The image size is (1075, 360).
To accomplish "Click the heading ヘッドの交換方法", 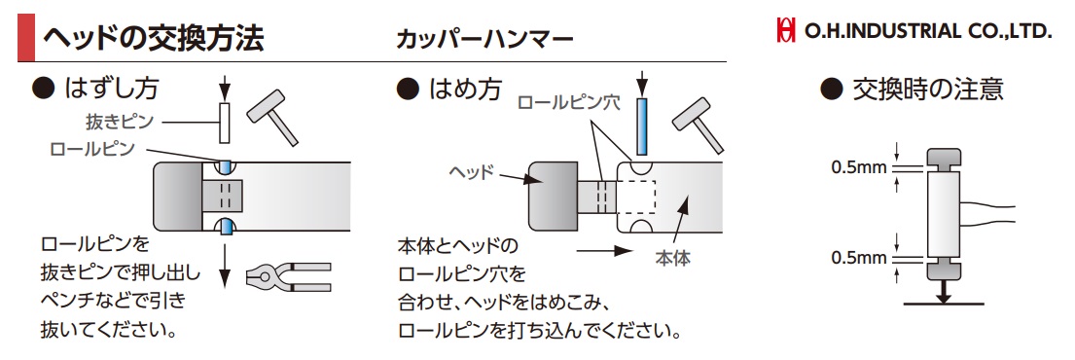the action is click(x=153, y=38).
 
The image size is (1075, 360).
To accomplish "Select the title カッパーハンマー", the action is click(x=484, y=38).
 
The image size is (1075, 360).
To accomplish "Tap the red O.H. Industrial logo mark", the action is click(x=786, y=31).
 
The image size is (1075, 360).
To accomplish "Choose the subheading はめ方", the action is click(x=449, y=88).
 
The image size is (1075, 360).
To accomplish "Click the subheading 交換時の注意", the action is click(x=913, y=89).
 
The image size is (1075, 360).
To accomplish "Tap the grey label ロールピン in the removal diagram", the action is click(x=93, y=148).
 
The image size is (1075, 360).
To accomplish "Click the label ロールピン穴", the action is click(x=569, y=103).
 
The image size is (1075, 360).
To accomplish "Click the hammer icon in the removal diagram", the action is click(x=272, y=116).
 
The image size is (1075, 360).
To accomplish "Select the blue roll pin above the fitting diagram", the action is click(x=642, y=127).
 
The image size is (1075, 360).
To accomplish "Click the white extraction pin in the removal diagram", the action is click(x=224, y=124).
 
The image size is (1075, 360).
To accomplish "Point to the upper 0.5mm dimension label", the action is click(x=859, y=166).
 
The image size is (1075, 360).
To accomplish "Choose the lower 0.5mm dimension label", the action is click(x=859, y=258).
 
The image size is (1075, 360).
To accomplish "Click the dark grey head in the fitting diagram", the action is click(x=552, y=196).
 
